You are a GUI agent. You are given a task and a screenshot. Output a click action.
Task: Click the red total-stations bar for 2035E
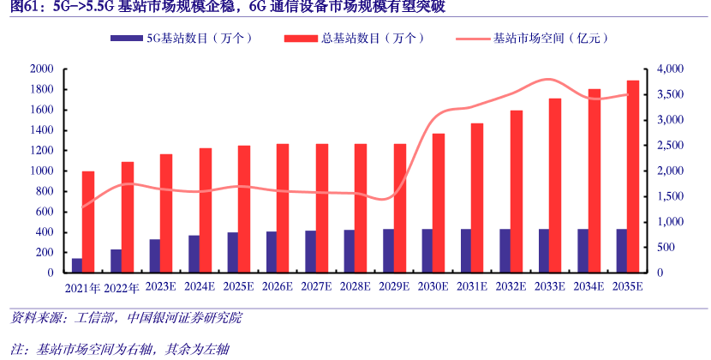click(x=633, y=176)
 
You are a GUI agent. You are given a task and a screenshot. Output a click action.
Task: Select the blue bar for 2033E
click(x=543, y=250)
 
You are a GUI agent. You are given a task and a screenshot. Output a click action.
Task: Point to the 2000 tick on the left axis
click(x=42, y=69)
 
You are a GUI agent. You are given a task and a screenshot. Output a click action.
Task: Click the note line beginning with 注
click(x=120, y=348)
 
